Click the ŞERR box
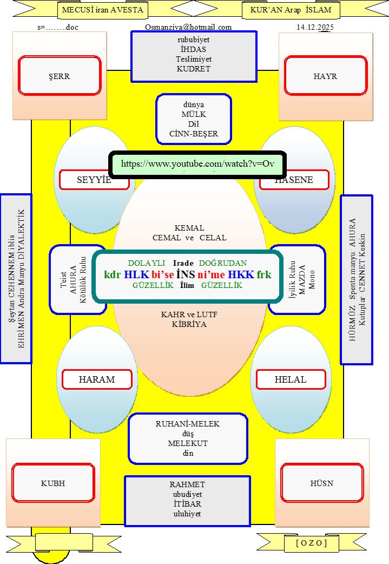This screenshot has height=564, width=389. [x=59, y=76]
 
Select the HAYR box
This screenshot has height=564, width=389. [x=325, y=76]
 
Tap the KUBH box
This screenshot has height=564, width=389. [x=53, y=483]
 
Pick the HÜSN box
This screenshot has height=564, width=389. [x=322, y=483]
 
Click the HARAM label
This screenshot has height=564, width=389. [x=97, y=379]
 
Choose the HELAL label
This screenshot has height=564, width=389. [x=291, y=379]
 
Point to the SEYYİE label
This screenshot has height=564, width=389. [x=94, y=180]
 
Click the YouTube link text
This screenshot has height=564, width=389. [x=197, y=163]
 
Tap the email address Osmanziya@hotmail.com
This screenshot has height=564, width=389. [x=188, y=27]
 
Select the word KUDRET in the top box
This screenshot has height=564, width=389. [x=193, y=69]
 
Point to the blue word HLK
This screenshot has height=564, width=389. [x=137, y=274]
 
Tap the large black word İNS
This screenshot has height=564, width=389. [x=186, y=274]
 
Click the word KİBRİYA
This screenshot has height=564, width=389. [x=190, y=324]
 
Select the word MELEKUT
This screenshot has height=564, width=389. [x=188, y=443]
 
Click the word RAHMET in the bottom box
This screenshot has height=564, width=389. [x=187, y=484]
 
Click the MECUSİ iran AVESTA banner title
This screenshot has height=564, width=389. [x=102, y=10]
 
